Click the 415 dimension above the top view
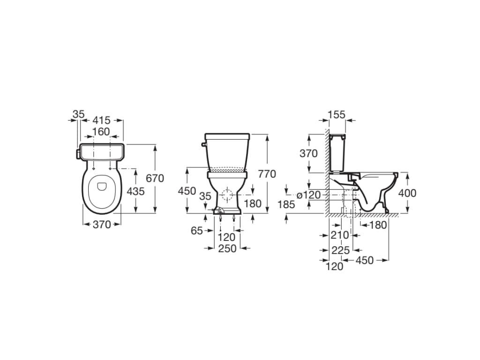(x=101, y=120)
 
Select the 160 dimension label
(x=101, y=131)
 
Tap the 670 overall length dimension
(x=155, y=178)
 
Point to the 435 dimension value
(x=135, y=191)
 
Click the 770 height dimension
(x=267, y=173)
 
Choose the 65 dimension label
(x=197, y=230)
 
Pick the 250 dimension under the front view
(x=227, y=249)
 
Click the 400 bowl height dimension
(x=407, y=193)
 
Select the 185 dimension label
(x=286, y=204)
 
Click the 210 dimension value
(x=339, y=235)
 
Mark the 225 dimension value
(x=340, y=251)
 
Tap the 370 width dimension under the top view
(x=101, y=225)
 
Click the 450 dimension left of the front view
(x=187, y=191)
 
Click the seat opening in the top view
(x=101, y=187)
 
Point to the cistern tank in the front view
(x=227, y=152)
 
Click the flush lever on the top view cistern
(x=78, y=153)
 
